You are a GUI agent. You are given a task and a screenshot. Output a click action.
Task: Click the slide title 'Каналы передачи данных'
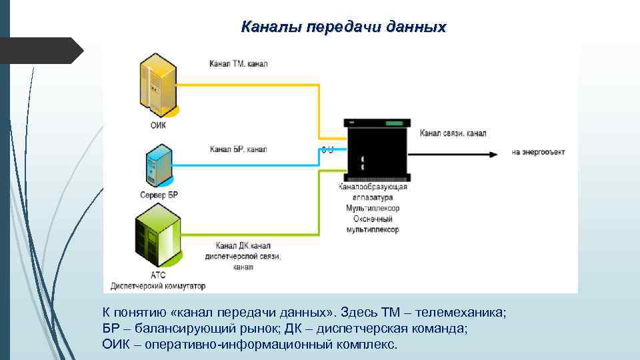click(x=343, y=27)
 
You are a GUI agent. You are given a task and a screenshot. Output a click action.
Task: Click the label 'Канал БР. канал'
click(x=238, y=149)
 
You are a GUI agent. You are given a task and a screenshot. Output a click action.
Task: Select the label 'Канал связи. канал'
click(x=453, y=133)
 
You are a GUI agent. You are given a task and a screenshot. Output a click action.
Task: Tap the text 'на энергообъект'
click(x=538, y=152)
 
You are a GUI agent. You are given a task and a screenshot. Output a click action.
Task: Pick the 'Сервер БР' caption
click(x=159, y=195)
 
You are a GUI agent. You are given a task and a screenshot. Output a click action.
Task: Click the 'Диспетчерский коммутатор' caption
click(x=159, y=285)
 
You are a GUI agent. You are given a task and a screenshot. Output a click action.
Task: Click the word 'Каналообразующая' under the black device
click(x=372, y=187)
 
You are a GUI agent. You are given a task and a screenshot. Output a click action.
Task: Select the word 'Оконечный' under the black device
click(x=372, y=219)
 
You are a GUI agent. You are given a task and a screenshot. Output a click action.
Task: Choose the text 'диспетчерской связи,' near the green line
click(x=248, y=256)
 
